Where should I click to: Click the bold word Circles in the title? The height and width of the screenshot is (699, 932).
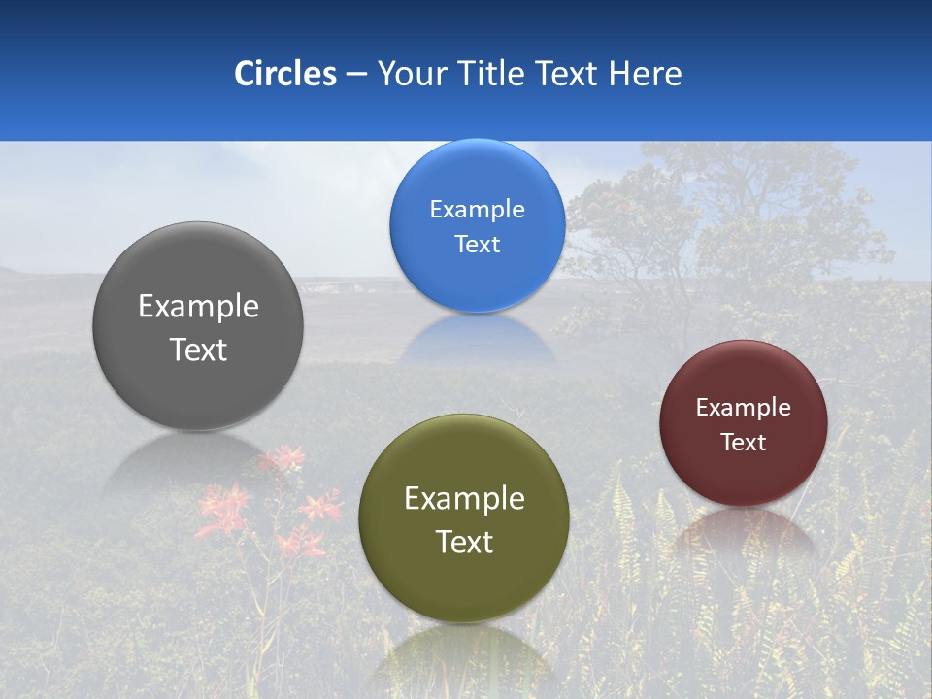tap(284, 74)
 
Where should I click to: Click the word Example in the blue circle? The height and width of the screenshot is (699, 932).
tap(477, 210)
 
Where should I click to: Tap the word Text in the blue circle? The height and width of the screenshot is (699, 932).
tap(477, 245)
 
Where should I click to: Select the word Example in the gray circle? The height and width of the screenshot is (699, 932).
tap(198, 307)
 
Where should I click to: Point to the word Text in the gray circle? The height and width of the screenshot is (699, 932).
tap(198, 349)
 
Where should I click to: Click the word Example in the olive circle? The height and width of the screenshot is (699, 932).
tap(464, 499)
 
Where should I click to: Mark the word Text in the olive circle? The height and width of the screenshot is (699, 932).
tap(464, 542)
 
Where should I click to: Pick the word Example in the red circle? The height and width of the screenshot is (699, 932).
tap(744, 408)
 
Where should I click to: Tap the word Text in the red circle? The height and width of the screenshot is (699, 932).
tap(744, 443)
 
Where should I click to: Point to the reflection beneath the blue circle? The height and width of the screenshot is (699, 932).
tap(477, 340)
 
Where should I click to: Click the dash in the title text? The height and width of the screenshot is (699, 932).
tap(355, 75)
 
